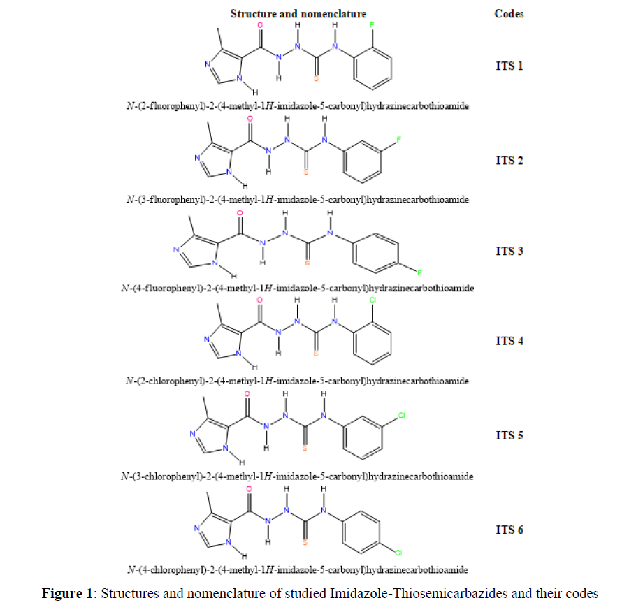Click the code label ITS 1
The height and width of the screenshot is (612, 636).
[x=509, y=66]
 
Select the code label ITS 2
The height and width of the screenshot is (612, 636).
[x=509, y=160]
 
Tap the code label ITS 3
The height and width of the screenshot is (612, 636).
[x=509, y=251]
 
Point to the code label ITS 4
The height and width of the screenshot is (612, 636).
[x=509, y=341]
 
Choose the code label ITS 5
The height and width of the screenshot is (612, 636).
[x=509, y=435]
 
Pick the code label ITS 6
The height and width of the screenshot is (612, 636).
[x=509, y=530]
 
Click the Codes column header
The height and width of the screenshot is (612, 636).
[x=509, y=13]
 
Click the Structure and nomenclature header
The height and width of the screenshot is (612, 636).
[x=298, y=13]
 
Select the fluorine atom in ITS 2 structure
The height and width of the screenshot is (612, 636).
[x=399, y=140]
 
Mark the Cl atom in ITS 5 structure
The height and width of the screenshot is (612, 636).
[x=401, y=415]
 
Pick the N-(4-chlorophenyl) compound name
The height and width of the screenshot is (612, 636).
[x=297, y=570]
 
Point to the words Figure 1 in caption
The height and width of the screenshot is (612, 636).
[x=67, y=594]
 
